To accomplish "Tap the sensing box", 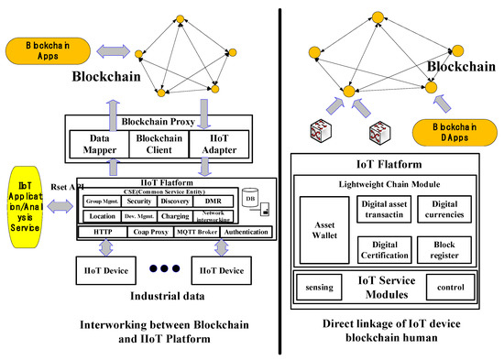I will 322,288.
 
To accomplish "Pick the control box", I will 449,288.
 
